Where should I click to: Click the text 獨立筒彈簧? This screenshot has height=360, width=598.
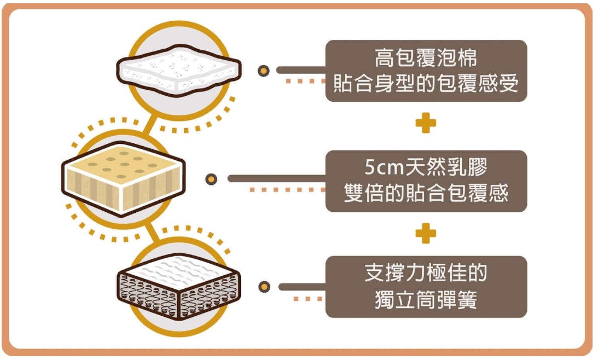(x=426, y=299)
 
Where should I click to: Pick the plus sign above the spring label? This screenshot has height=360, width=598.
(x=426, y=234)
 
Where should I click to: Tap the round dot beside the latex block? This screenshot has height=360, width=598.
(x=212, y=179)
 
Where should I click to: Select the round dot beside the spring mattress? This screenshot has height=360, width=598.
(x=264, y=287)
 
